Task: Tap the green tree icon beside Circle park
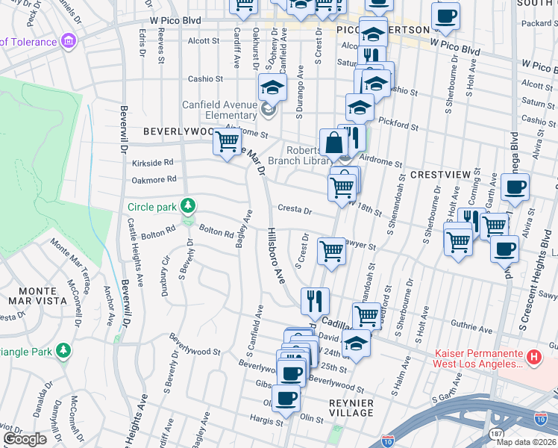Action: pyautogui.click(x=189, y=205)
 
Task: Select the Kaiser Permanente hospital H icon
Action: pyautogui.click(x=533, y=358)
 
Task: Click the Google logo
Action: pyautogui.click(x=25, y=439)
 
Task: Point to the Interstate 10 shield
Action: pyautogui.click(x=386, y=441)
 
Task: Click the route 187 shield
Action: pyautogui.click(x=496, y=433)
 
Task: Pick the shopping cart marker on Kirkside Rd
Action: pyautogui.click(x=227, y=141)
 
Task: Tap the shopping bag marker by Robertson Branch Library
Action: pyautogui.click(x=332, y=143)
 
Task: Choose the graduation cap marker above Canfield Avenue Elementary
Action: pyautogui.click(x=272, y=87)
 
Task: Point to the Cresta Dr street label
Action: pyautogui.click(x=294, y=211)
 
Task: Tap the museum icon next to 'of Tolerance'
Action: pyautogui.click(x=69, y=39)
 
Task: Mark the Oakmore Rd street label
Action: pyautogui.click(x=153, y=179)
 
